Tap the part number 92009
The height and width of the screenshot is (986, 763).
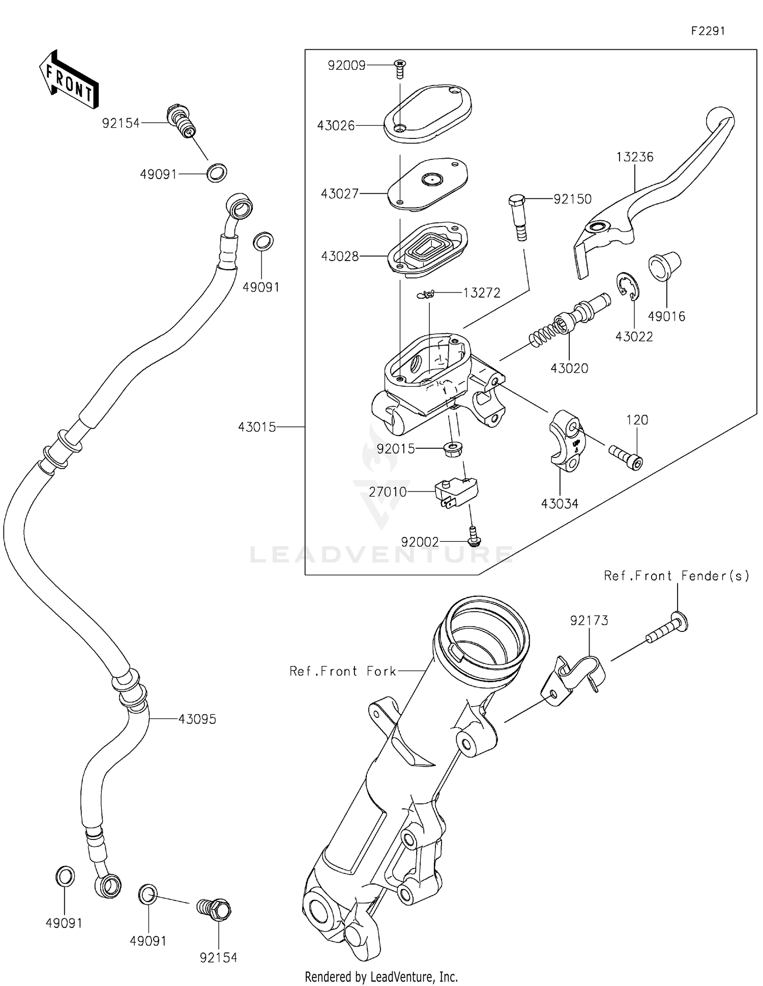[x=346, y=66]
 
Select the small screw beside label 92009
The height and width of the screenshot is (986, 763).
[x=400, y=69]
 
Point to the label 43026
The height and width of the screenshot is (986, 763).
[x=336, y=126]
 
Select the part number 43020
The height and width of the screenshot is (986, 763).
[x=569, y=368]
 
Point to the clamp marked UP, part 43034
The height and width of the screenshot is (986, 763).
[x=566, y=441]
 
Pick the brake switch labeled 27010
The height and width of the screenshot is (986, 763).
[x=456, y=492]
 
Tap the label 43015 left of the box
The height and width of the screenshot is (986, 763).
[x=257, y=427]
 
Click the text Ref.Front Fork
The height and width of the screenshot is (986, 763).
[x=342, y=671]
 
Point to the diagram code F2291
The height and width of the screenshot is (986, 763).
[x=708, y=31]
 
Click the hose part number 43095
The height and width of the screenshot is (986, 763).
[x=197, y=719]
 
